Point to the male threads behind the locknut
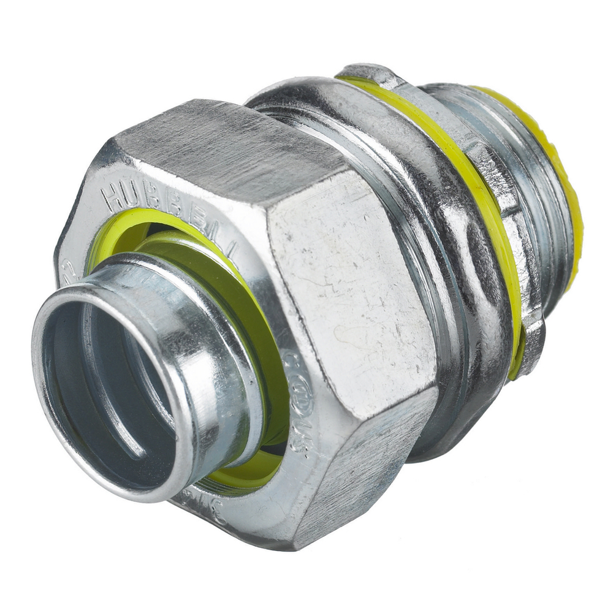(x=539, y=245)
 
